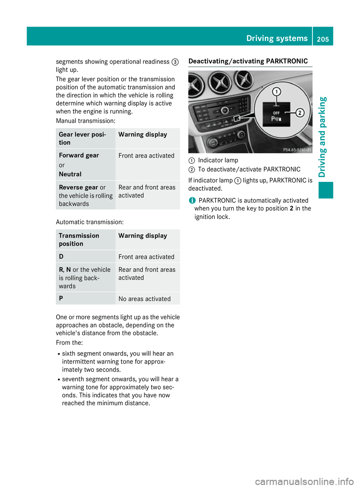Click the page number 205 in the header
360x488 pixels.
pos(322,39)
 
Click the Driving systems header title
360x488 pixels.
pos(277,38)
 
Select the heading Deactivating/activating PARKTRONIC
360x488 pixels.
pos(248,61)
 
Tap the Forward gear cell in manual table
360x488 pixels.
pos(79,156)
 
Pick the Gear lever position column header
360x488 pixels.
pos(82,138)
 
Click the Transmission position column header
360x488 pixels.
pos(79,240)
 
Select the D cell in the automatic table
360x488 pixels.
pos(61,256)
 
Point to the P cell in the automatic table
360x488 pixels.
pos(61,298)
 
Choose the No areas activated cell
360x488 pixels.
pos(144,299)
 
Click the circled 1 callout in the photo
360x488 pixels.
pos(277,91)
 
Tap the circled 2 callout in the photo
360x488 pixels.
pos(300,112)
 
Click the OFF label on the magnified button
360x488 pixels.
pos(276,113)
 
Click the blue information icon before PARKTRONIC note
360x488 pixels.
pos(192,201)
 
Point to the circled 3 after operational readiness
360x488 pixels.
pos(175,62)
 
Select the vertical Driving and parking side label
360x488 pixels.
pos(322,137)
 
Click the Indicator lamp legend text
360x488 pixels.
pos(218,160)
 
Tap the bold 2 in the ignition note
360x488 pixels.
pos(291,208)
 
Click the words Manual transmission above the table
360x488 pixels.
pos(85,121)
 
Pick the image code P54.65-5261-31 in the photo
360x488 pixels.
pos(297,150)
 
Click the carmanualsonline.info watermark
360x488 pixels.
pos(304,481)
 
